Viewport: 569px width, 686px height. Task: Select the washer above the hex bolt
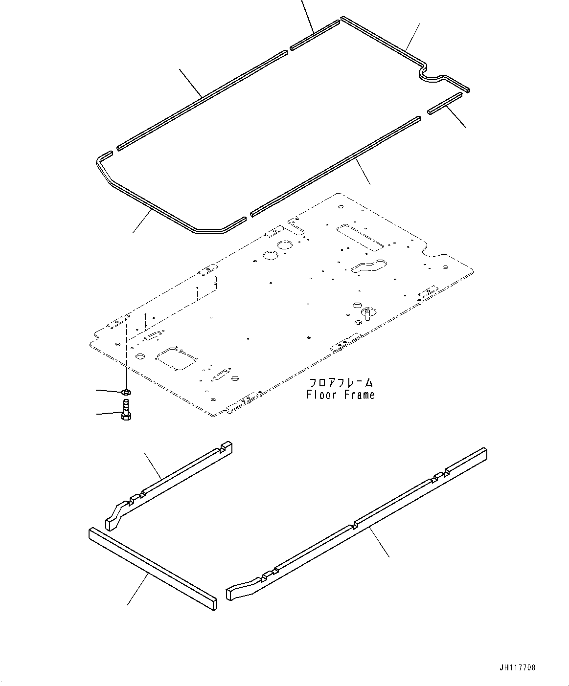(126, 392)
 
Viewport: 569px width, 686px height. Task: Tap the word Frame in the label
(358, 395)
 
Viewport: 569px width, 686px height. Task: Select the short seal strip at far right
(444, 104)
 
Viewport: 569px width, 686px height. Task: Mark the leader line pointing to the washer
(109, 391)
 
